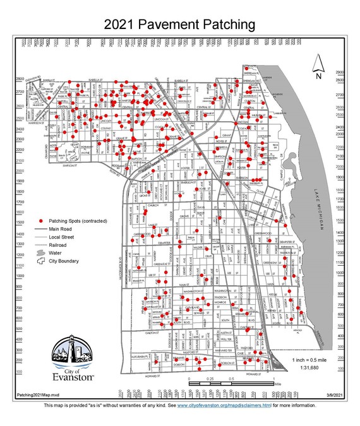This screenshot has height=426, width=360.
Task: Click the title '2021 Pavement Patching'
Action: pyautogui.click(x=180, y=25)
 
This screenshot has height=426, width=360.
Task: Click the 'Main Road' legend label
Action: pyautogui.click(x=61, y=228)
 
